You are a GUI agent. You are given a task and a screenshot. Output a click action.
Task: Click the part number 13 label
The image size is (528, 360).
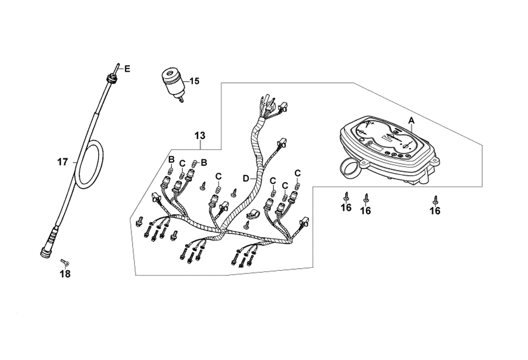199,136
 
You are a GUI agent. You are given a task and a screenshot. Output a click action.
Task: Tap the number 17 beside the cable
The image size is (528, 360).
63,162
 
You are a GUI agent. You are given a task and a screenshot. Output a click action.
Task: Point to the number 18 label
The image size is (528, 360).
64,274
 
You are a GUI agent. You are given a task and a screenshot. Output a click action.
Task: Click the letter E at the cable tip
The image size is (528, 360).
127,69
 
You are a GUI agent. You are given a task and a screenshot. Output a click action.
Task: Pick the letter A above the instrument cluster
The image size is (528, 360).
412,120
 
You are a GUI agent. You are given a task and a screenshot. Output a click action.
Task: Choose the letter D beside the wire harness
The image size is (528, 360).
246,179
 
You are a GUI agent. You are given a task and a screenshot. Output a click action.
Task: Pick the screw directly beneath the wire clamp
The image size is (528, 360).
246,224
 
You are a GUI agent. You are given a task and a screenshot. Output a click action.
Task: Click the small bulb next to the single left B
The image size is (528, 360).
171,171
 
